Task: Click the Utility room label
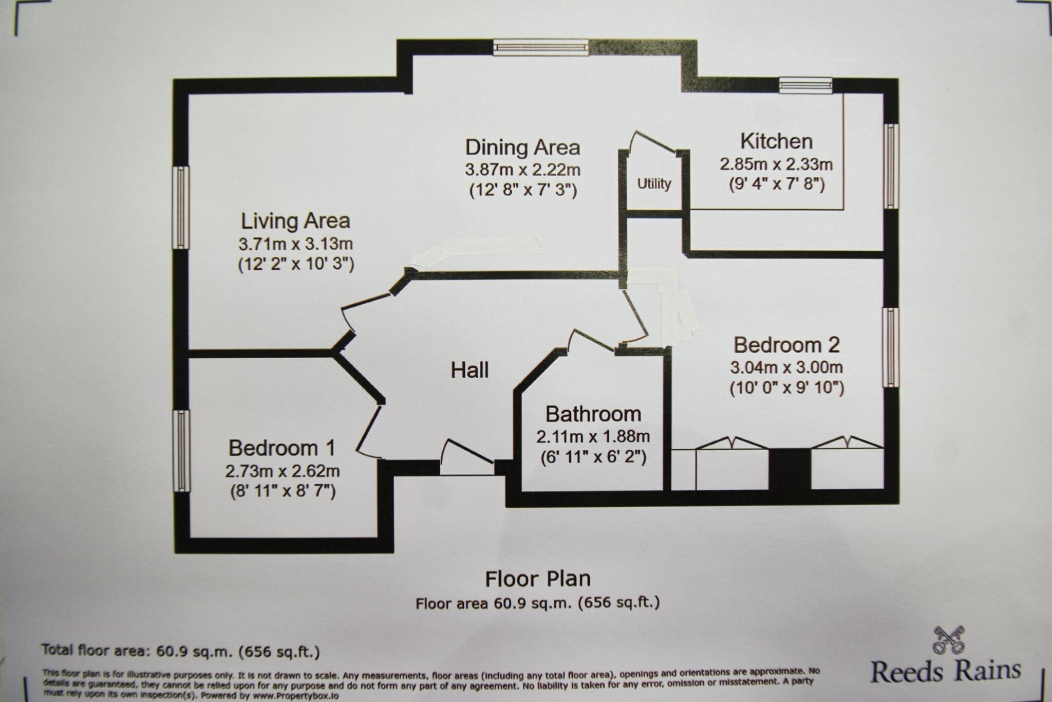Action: click(x=654, y=184)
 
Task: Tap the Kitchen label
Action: click(x=776, y=141)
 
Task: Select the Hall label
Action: click(x=469, y=370)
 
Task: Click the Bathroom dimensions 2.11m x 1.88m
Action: click(x=593, y=437)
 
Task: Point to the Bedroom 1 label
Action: click(x=281, y=448)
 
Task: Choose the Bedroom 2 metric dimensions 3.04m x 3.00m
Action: click(x=786, y=367)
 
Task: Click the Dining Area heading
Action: click(x=522, y=147)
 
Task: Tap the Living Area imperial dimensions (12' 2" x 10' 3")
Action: click(x=296, y=265)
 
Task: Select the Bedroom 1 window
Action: click(x=181, y=451)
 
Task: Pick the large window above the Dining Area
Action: click(x=540, y=48)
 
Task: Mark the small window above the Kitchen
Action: click(x=805, y=85)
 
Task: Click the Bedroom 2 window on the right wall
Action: click(x=891, y=347)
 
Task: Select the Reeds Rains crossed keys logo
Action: click(x=949, y=640)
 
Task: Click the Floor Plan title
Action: click(x=537, y=579)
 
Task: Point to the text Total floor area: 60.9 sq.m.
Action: click(x=180, y=652)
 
